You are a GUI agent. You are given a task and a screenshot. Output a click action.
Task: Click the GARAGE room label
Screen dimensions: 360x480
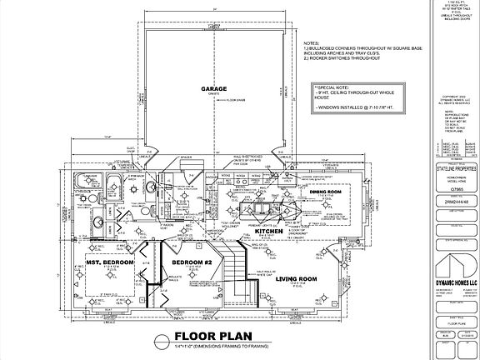pos(214,87)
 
